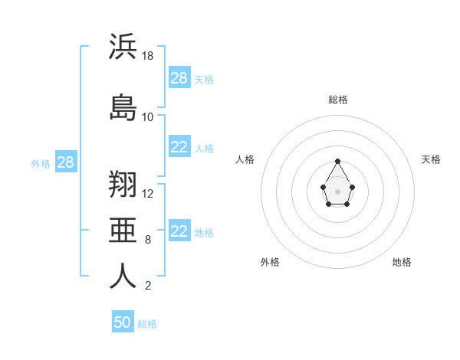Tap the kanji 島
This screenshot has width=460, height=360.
click(x=123, y=106)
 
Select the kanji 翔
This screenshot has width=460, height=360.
click(x=123, y=184)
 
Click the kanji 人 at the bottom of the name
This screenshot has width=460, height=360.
click(x=123, y=276)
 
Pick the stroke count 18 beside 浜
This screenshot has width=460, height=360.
click(x=148, y=56)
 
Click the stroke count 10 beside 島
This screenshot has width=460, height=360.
click(x=148, y=117)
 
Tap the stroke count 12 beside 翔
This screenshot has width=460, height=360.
click(x=148, y=193)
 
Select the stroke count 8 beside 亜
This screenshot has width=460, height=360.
click(x=148, y=240)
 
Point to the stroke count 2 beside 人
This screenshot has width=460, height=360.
click(x=148, y=286)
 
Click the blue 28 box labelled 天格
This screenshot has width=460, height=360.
click(x=179, y=78)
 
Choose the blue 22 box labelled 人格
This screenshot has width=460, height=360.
click(x=179, y=147)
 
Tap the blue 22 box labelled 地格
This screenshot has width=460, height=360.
click(x=179, y=231)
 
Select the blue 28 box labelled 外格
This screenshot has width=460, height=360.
click(x=65, y=162)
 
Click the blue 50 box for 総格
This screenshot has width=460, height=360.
click(x=123, y=322)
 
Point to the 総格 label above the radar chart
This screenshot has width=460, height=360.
click(x=338, y=100)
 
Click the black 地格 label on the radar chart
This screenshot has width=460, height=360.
click(x=402, y=262)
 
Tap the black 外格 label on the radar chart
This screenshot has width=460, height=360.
click(x=270, y=262)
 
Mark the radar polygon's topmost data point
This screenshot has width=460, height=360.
click(x=338, y=161)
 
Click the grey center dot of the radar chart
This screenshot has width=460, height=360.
click(x=338, y=191)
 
